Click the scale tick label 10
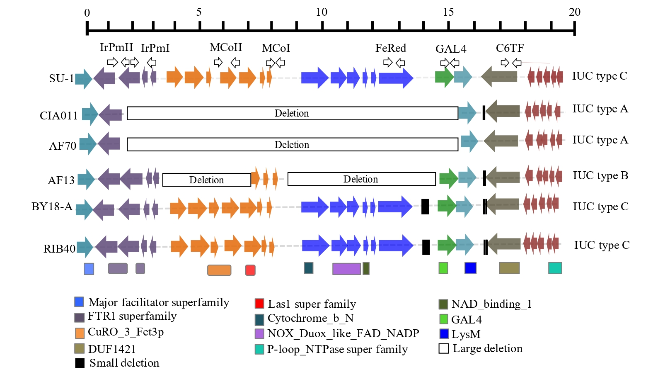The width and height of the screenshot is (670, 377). click(322, 12)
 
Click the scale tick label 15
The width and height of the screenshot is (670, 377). click(448, 12)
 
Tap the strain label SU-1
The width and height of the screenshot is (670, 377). click(61, 78)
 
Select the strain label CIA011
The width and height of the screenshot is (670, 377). click(58, 116)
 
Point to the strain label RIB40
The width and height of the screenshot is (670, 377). click(59, 249)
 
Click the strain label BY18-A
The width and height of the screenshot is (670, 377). click(52, 207)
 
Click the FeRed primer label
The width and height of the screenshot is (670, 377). click(390, 49)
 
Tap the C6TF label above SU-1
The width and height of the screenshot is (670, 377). click(510, 49)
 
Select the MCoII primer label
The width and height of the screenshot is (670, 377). click(226, 48)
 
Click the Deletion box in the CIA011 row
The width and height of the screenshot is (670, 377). click(292, 113)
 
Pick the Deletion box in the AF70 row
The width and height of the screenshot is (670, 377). click(292, 144)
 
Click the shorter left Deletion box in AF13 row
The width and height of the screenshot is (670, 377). click(206, 180)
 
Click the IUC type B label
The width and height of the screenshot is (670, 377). click(600, 176)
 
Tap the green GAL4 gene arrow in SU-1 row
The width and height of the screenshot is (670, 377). click(444, 77)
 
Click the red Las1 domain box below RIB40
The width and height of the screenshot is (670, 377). click(250, 270)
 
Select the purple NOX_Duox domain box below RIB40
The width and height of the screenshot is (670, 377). click(346, 269)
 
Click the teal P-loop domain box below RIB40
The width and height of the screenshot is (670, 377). click(555, 268)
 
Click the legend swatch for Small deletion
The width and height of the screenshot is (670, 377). click(80, 363)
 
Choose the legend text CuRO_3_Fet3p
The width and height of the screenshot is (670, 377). click(126, 332)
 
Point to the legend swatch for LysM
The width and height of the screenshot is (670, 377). click(444, 334)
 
